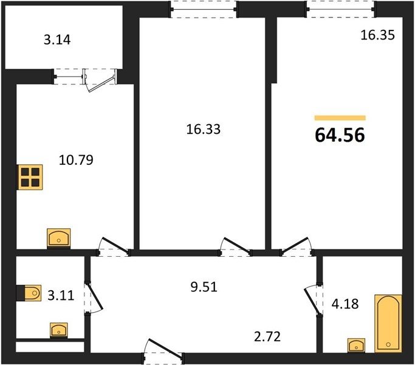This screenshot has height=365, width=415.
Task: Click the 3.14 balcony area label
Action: tap(57, 40)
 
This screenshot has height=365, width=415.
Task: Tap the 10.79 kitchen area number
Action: tap(76, 160)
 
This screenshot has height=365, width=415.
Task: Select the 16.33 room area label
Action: tap(204, 130)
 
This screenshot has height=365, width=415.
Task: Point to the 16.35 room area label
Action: tap(378, 35)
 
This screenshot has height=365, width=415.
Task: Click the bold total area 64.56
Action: tap(340, 135)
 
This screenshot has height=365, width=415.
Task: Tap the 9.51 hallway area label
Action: tap(204, 287)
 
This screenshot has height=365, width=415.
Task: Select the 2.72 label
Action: tap(267, 336)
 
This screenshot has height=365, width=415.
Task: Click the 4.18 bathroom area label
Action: tap(345, 304)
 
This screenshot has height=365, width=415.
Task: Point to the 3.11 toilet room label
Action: tap(61, 295)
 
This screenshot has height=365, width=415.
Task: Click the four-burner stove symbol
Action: tap(30, 178)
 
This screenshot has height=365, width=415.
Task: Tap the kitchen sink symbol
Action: tap(59, 238)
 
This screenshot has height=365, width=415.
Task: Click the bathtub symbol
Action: tap(388, 324)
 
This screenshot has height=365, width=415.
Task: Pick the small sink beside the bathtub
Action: tap(356, 346)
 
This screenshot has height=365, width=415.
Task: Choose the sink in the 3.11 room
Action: tap(59, 330)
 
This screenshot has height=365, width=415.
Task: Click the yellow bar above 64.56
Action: tap(340, 118)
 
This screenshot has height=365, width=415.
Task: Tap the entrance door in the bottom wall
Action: tap(164, 350)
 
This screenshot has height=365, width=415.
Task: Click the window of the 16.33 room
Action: tap(204, 10)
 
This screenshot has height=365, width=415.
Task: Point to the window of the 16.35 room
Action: tap(341, 9)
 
